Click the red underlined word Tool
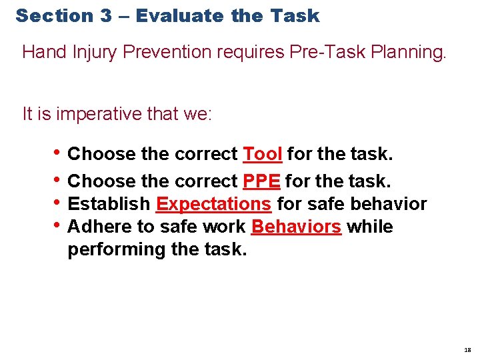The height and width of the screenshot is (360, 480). click(x=263, y=154)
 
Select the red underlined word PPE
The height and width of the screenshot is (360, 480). click(x=261, y=181)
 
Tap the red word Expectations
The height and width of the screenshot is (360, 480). click(x=213, y=203)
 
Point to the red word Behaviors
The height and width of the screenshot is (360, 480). click(x=296, y=227)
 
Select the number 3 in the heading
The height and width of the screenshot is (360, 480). click(x=106, y=16)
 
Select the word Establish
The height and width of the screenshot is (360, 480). click(x=109, y=203)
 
